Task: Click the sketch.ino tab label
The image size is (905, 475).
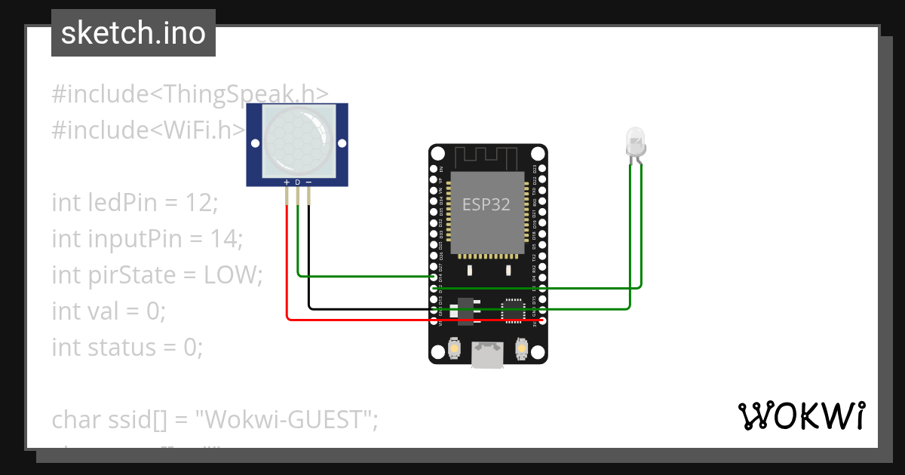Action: pyautogui.click(x=133, y=33)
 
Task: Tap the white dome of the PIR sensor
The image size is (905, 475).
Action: pyautogui.click(x=297, y=141)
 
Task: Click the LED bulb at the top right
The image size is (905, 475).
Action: pyautogui.click(x=635, y=142)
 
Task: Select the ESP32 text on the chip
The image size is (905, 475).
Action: pyautogui.click(x=486, y=204)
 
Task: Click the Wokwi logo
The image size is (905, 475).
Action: pyautogui.click(x=801, y=415)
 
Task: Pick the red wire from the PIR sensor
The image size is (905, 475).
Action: pyautogui.click(x=287, y=264)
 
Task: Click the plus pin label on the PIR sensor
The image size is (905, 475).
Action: pyautogui.click(x=287, y=182)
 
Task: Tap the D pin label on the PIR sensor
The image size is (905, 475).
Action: pyautogui.click(x=297, y=182)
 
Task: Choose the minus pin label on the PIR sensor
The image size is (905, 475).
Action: pyautogui.click(x=308, y=182)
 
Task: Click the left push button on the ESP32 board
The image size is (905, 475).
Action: pyautogui.click(x=454, y=348)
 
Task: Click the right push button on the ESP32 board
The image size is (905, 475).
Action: pyautogui.click(x=521, y=348)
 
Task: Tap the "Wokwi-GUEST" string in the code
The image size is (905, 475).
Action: pyautogui.click(x=287, y=419)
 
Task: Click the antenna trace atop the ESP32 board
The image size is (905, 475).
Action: pyautogui.click(x=487, y=158)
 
